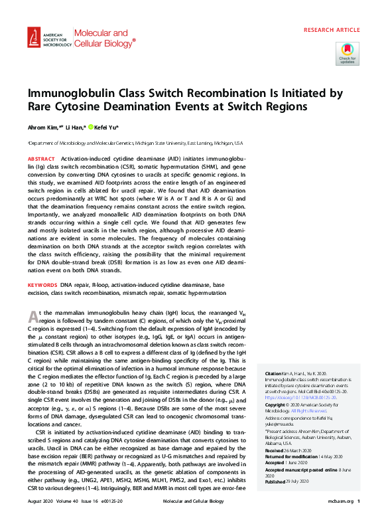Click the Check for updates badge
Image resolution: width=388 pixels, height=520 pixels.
(x=347, y=52)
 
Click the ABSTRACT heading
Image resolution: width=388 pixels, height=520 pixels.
(x=41, y=159)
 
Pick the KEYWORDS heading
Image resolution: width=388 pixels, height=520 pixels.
(x=42, y=284)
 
